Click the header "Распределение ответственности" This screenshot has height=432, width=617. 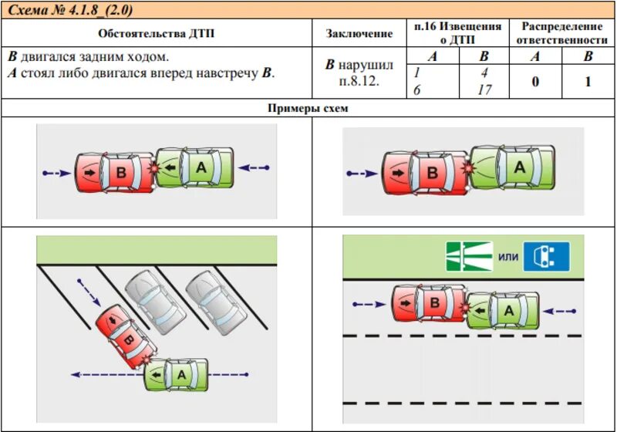[561, 33]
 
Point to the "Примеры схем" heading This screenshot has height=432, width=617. [308, 109]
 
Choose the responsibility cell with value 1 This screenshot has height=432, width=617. [588, 81]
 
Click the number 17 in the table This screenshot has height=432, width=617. [484, 89]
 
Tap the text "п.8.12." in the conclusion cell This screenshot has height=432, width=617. [359, 81]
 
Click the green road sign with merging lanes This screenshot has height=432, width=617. [468, 256]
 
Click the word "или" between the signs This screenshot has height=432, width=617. [507, 257]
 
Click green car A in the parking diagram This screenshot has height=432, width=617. [177, 374]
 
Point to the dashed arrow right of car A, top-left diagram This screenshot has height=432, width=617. [255, 167]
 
